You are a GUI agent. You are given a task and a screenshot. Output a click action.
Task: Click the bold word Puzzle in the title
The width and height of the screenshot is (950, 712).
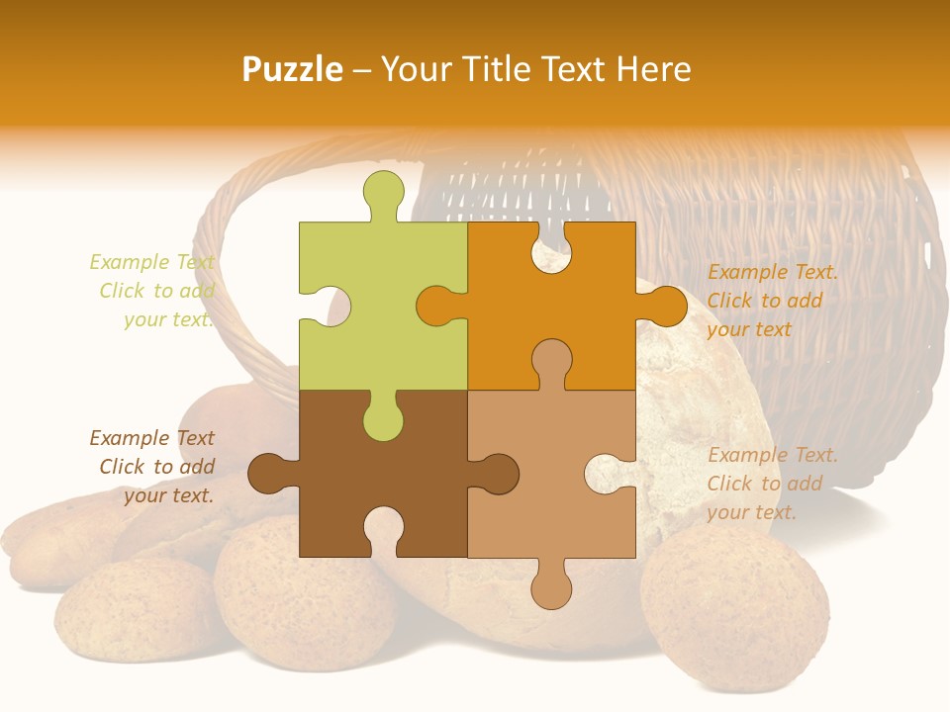pos(293,69)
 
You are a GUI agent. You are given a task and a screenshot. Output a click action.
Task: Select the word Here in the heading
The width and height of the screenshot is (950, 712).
pos(653,69)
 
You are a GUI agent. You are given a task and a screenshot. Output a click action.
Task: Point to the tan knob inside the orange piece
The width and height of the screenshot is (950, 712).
pos(551,360)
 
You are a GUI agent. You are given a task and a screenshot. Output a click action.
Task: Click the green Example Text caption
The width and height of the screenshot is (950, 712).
pos(153,291)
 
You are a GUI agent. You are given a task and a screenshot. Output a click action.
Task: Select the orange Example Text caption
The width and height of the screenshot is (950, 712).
pos(772,301)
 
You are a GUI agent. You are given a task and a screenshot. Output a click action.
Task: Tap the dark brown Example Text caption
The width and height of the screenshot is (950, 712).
pos(153,467)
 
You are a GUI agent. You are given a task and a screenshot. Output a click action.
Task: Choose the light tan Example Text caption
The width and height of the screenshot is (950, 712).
pos(772,484)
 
